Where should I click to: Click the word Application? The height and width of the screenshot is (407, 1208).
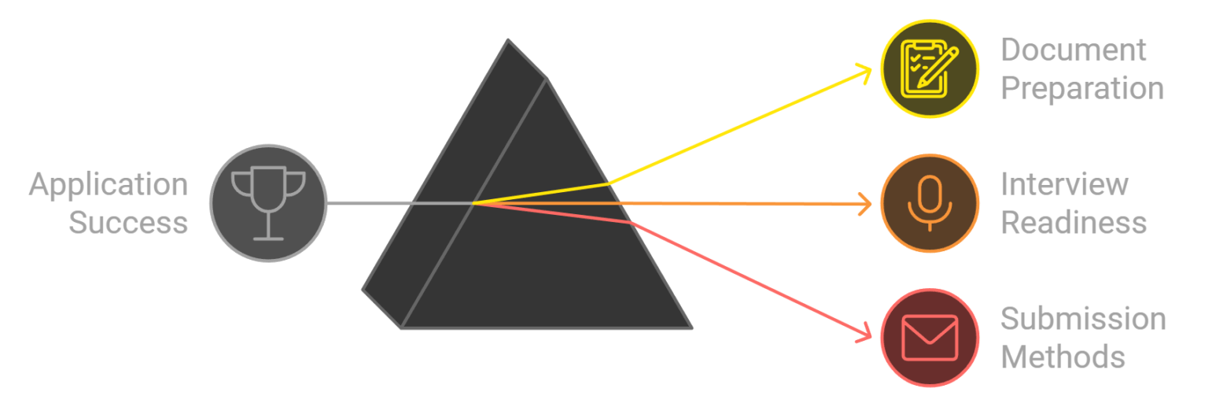pos(109,186)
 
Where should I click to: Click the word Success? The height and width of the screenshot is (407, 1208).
pos(128,223)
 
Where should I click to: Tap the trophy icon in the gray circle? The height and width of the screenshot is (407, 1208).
pos(268,202)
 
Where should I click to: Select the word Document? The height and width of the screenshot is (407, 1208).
pos(1074,50)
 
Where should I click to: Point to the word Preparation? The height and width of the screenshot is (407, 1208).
pos(1082,88)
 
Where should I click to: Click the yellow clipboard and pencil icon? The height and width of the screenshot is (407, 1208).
pos(929,68)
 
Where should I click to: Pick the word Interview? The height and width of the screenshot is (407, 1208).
pos(1064,185)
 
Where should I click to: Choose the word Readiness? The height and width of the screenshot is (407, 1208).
pos(1074,223)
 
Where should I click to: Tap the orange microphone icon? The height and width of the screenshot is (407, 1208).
pos(929,202)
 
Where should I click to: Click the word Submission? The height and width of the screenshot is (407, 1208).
pos(1083,320)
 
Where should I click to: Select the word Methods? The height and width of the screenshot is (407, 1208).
pos(1063,357)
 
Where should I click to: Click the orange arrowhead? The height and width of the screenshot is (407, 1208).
pos(868,204)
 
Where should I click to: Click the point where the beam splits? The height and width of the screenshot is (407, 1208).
pos(473,203)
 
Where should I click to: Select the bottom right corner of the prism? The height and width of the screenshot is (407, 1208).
pos(691,327)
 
